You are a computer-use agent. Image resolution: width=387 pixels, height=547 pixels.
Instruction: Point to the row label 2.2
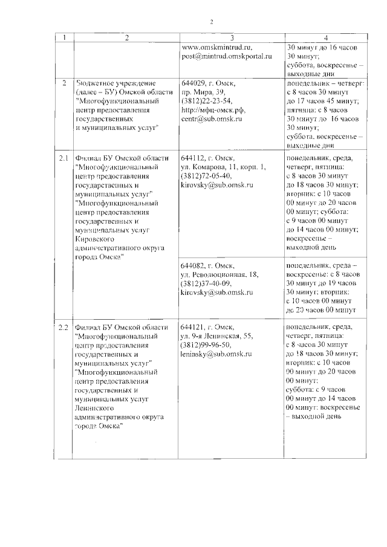(x=63, y=327)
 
